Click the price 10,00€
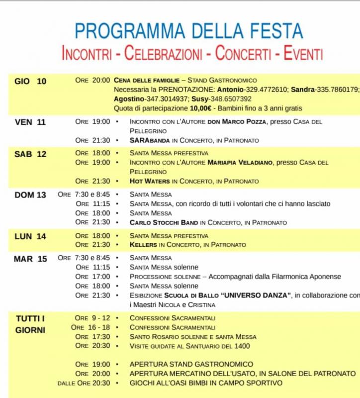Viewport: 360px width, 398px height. point(201,108)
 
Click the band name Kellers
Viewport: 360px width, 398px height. point(143,245)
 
